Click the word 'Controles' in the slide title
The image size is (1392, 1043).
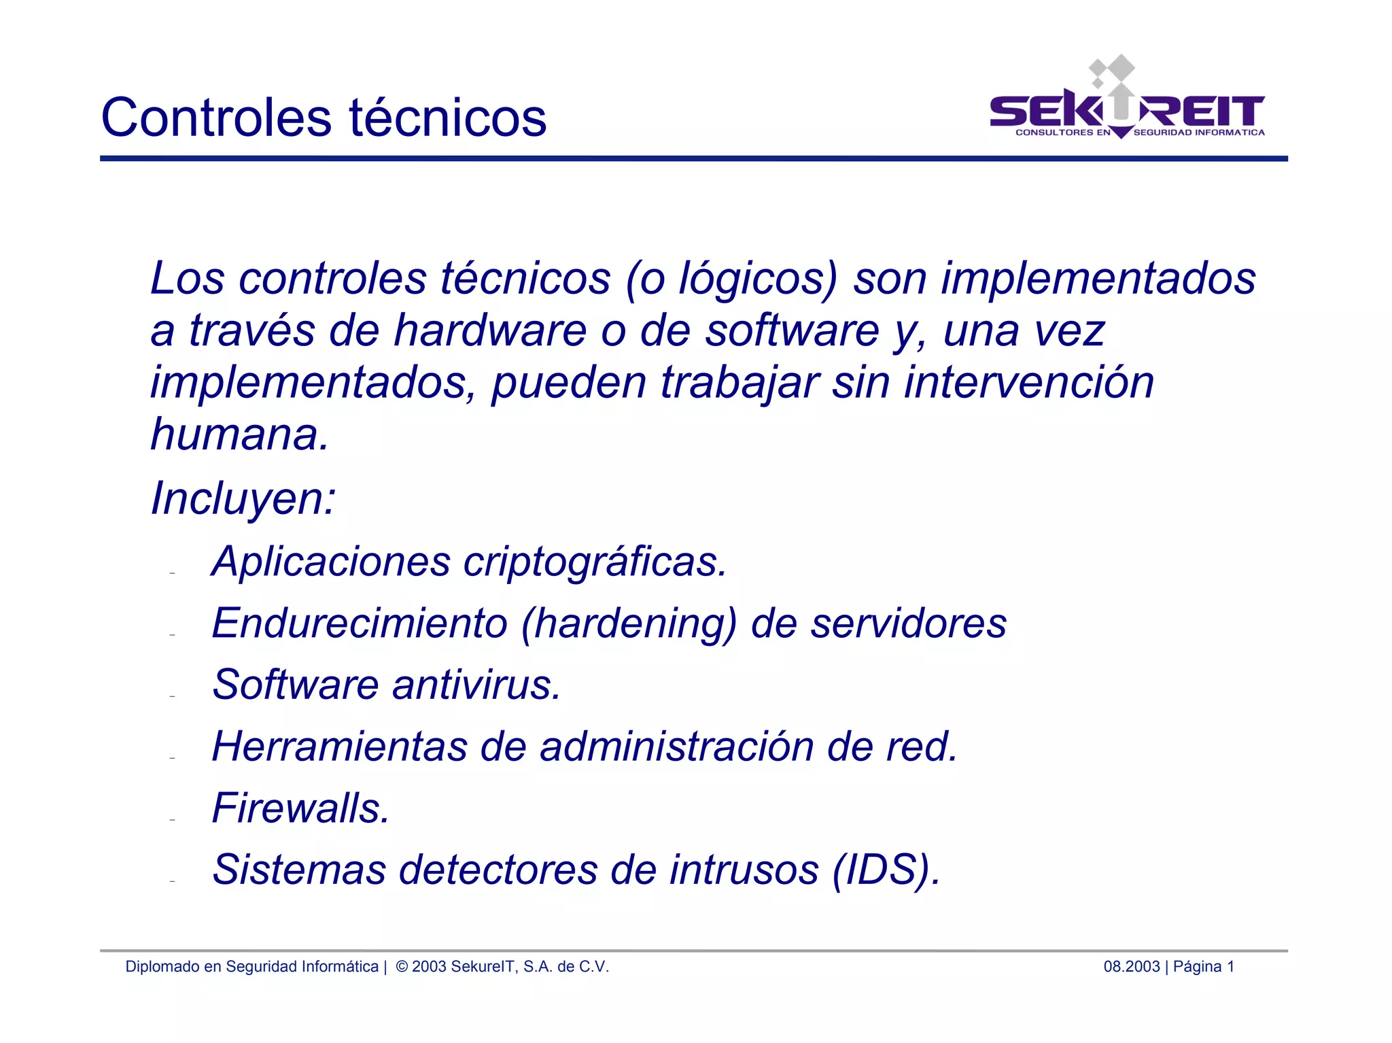216,118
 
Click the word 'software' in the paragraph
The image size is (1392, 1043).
792,331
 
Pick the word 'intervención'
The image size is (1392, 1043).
1028,382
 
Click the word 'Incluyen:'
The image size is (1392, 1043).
243,498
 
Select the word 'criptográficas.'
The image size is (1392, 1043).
595,562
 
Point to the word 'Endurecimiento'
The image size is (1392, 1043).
360,623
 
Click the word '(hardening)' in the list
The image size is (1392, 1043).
629,624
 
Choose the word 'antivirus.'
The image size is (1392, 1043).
476,685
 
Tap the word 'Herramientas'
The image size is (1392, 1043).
340,747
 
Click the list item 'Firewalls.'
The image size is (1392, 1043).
301,808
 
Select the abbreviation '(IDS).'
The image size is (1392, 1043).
886,870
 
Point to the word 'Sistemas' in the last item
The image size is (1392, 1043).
299,870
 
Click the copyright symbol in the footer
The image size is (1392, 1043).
402,967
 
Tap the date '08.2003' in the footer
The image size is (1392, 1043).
1131,967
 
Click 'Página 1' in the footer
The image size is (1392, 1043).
1204,967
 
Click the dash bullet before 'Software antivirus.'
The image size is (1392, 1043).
173,696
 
